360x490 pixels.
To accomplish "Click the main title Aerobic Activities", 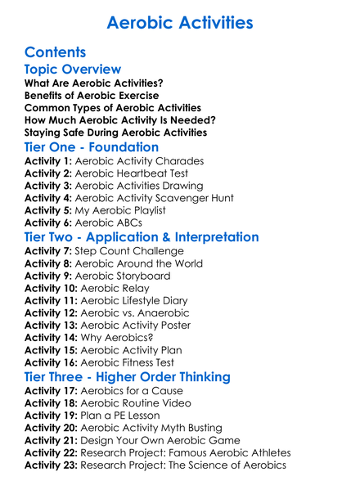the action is tap(180, 22).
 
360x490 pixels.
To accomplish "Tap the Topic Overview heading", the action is tap(73, 70).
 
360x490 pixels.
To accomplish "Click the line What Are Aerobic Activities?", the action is tap(94, 83).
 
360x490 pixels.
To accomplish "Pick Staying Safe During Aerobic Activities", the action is tap(115, 133).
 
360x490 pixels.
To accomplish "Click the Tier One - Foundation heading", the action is tap(92, 147).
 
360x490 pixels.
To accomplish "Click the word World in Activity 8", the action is tap(183, 264).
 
